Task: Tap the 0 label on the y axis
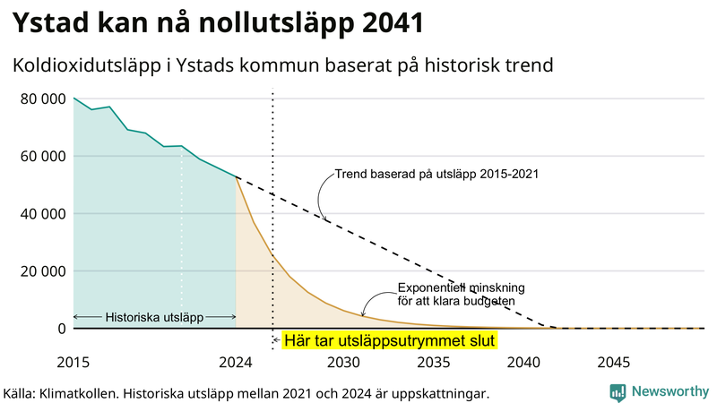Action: [x=62, y=329]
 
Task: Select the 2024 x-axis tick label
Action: [x=236, y=363]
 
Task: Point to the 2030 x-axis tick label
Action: [x=342, y=363]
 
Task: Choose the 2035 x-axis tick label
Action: [x=433, y=363]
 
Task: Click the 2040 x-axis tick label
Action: [x=523, y=363]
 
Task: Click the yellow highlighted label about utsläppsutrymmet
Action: [x=389, y=341]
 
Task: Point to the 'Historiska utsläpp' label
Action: [x=154, y=317]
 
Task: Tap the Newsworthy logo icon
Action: [x=618, y=392]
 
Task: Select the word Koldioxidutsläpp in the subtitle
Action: [x=90, y=65]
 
